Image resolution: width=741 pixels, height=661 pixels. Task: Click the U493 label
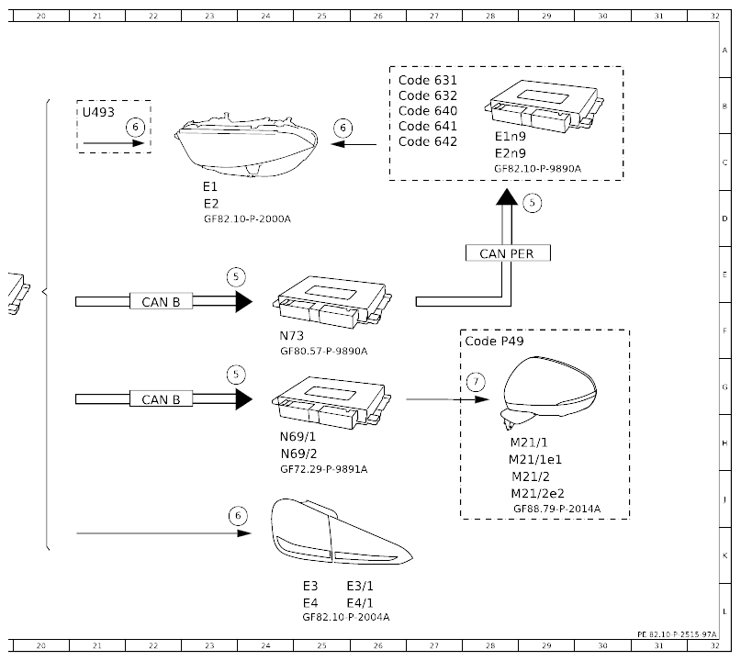[x=98, y=112]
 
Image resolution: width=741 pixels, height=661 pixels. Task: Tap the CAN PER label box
[x=508, y=253]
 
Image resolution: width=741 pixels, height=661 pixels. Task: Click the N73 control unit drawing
[x=331, y=302]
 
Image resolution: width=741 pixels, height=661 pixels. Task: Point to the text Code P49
[x=494, y=342]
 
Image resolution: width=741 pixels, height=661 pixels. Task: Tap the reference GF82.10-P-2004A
[x=346, y=617]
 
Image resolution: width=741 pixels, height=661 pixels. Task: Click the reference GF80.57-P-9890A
[x=324, y=351]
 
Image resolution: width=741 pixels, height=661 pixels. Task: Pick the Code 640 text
[x=428, y=110]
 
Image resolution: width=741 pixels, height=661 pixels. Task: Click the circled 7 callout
[x=476, y=382]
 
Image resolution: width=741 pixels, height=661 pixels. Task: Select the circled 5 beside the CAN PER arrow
[x=533, y=203]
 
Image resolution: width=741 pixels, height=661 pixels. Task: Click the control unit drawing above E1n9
[x=545, y=106]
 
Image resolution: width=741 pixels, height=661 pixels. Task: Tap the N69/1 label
[x=298, y=437]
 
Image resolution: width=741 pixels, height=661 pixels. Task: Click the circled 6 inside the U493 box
[x=135, y=127]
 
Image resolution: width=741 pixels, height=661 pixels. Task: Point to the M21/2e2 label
[x=537, y=493]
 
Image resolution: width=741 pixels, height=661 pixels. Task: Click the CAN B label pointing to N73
[x=162, y=302]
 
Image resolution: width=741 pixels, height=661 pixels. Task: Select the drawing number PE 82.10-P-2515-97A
[x=677, y=634]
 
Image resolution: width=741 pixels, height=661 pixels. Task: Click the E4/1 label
[x=360, y=603]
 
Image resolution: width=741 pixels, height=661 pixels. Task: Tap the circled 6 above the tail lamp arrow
[x=238, y=515]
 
